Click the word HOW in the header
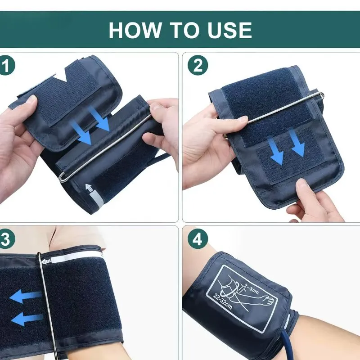click(x=135, y=30)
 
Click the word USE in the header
click(x=229, y=30)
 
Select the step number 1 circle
click(x=6, y=65)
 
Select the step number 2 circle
click(x=198, y=65)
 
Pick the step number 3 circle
click(x=6, y=239)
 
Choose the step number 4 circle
click(x=198, y=239)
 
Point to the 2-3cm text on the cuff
click(x=252, y=289)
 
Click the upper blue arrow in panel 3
click(x=26, y=296)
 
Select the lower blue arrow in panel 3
click(x=27, y=319)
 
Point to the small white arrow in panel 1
click(x=89, y=188)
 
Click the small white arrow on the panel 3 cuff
click(x=46, y=261)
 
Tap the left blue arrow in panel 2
click(x=276, y=151)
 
